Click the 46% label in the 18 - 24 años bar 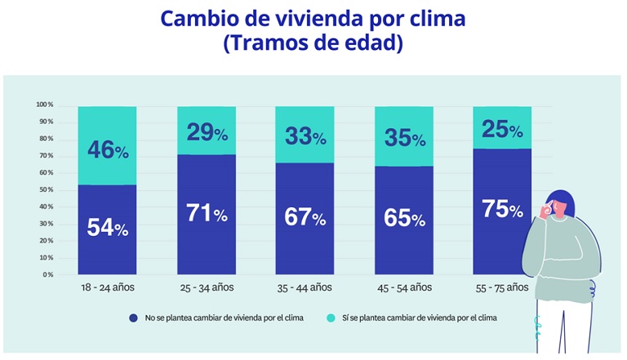coord(108,150)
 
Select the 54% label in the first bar coord(108,229)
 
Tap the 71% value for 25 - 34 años coord(207,214)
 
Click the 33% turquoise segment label coord(305,136)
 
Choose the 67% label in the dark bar coord(305,218)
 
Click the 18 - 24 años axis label coord(107,287)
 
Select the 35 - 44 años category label coord(305,287)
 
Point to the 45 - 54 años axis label coord(404,287)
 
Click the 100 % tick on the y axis coord(44,105)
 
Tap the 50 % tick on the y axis coord(46,189)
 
